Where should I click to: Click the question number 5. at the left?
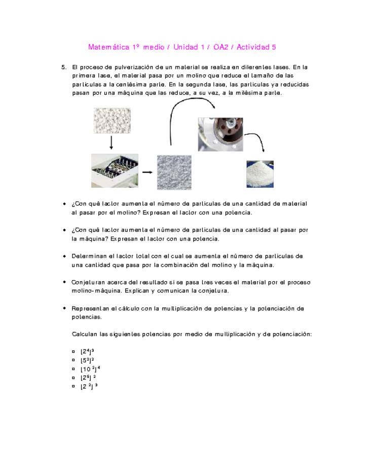click(x=64, y=67)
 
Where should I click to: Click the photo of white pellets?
click(x=112, y=121)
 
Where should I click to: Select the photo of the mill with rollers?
click(x=114, y=171)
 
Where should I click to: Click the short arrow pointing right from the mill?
click(x=147, y=172)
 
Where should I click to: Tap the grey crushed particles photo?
click(x=174, y=172)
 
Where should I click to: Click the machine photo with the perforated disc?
click(x=221, y=134)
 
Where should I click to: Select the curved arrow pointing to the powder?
click(x=256, y=143)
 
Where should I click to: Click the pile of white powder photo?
click(x=260, y=174)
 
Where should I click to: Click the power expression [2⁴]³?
click(x=87, y=351)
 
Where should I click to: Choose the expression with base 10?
click(x=90, y=369)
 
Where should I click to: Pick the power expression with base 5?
click(x=87, y=360)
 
